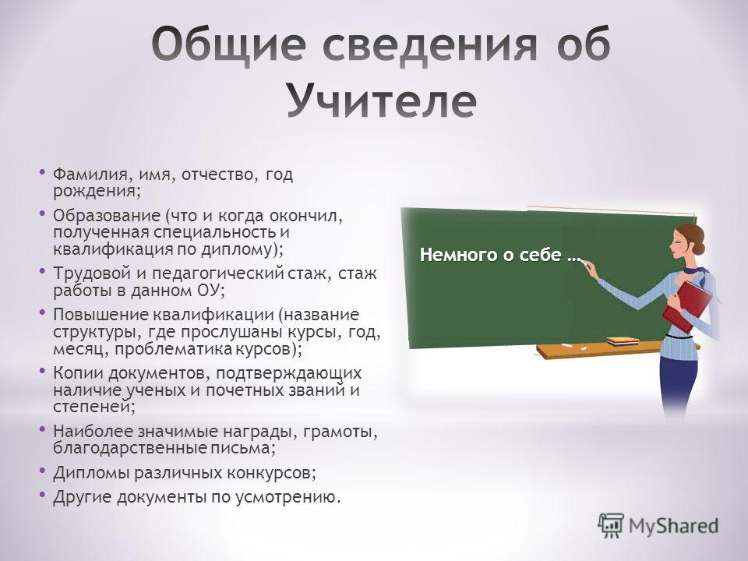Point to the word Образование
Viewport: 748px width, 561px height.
[x=107, y=216]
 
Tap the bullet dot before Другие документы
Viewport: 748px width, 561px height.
[x=42, y=494]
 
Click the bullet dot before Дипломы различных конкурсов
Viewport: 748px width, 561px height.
[x=42, y=470]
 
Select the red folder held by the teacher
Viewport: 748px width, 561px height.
[x=688, y=305]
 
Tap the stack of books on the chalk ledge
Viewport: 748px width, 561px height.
[x=623, y=341]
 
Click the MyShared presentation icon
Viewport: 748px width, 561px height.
[x=611, y=526]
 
